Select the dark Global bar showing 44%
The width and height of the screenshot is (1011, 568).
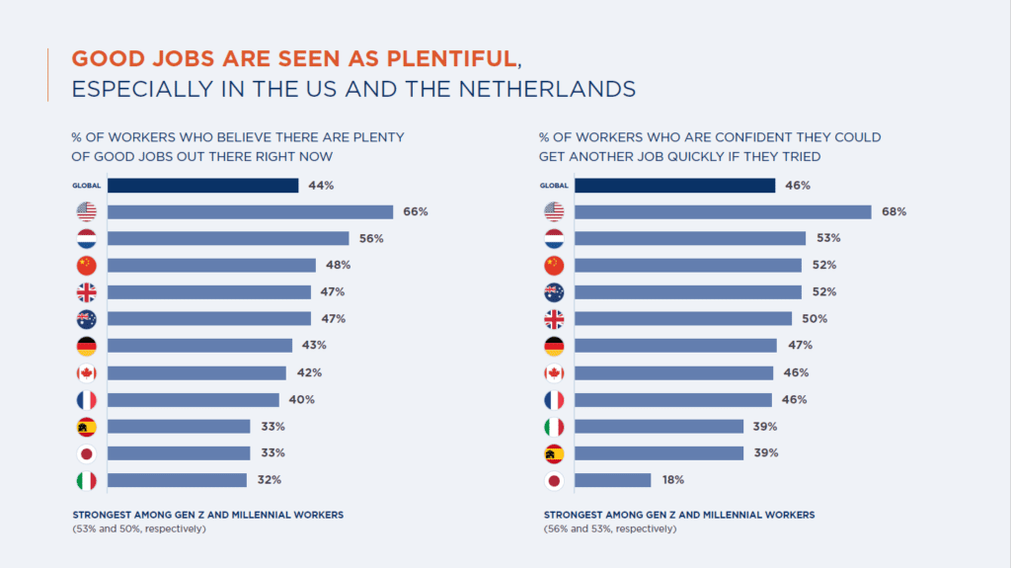pos(202,185)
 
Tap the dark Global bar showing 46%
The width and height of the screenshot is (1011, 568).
pos(674,185)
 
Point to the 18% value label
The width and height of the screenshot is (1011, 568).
pos(673,479)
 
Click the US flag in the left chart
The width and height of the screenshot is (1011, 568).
pos(87,211)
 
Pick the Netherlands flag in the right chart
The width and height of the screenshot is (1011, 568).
pos(555,238)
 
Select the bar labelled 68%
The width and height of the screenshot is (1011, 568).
pos(723,211)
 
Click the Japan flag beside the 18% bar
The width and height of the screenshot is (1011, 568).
pos(555,480)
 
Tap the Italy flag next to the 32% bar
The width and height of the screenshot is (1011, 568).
pos(87,480)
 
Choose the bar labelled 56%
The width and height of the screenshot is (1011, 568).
pos(228,238)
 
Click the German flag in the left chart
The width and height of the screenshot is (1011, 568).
pos(87,346)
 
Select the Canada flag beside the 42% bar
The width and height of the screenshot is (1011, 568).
pos(87,372)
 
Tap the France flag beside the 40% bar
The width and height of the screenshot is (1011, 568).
pos(87,399)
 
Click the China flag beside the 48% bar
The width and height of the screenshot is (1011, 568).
pos(87,265)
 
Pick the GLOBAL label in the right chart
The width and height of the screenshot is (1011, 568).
pos(555,186)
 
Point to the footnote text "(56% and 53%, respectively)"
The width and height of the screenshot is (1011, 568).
pos(609,528)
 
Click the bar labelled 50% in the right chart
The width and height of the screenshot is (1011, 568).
pos(683,318)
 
